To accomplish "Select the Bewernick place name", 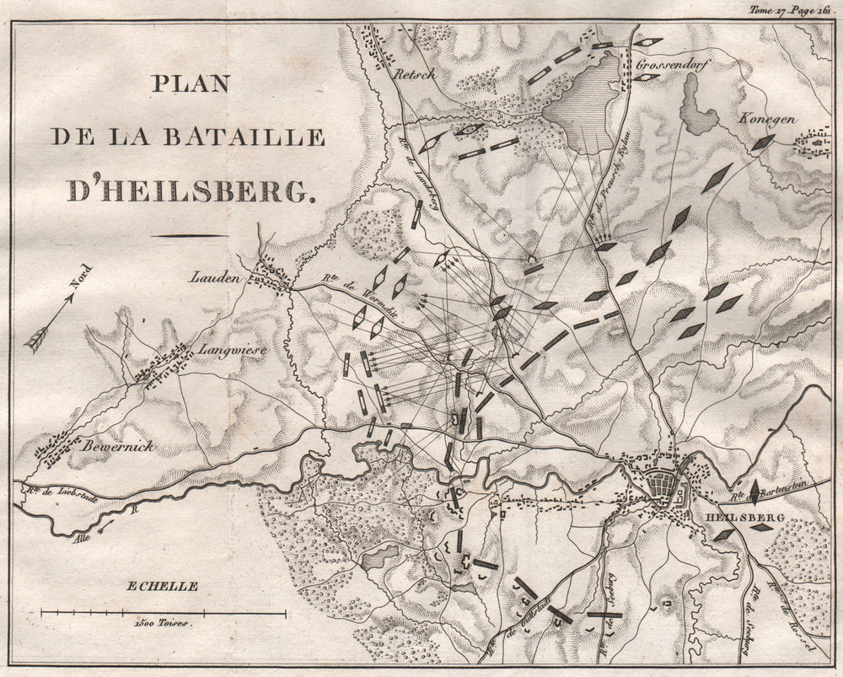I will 117,446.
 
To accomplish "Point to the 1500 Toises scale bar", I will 164,612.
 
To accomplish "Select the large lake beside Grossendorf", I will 586,105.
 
